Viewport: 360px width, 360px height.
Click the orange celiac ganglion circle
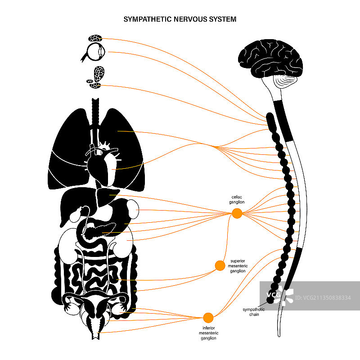237,214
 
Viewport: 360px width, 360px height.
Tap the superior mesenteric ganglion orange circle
220,265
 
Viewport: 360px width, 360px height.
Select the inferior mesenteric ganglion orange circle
208,318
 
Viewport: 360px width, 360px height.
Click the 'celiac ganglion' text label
238,199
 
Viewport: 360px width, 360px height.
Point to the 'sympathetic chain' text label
254,312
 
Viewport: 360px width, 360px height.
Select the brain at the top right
270,56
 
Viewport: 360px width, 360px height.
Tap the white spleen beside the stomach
133,208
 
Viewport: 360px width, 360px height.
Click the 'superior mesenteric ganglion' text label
238,265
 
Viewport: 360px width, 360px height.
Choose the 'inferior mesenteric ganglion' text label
207,333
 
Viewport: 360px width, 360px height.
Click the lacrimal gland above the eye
95,39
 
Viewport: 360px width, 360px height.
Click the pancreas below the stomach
101,231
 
